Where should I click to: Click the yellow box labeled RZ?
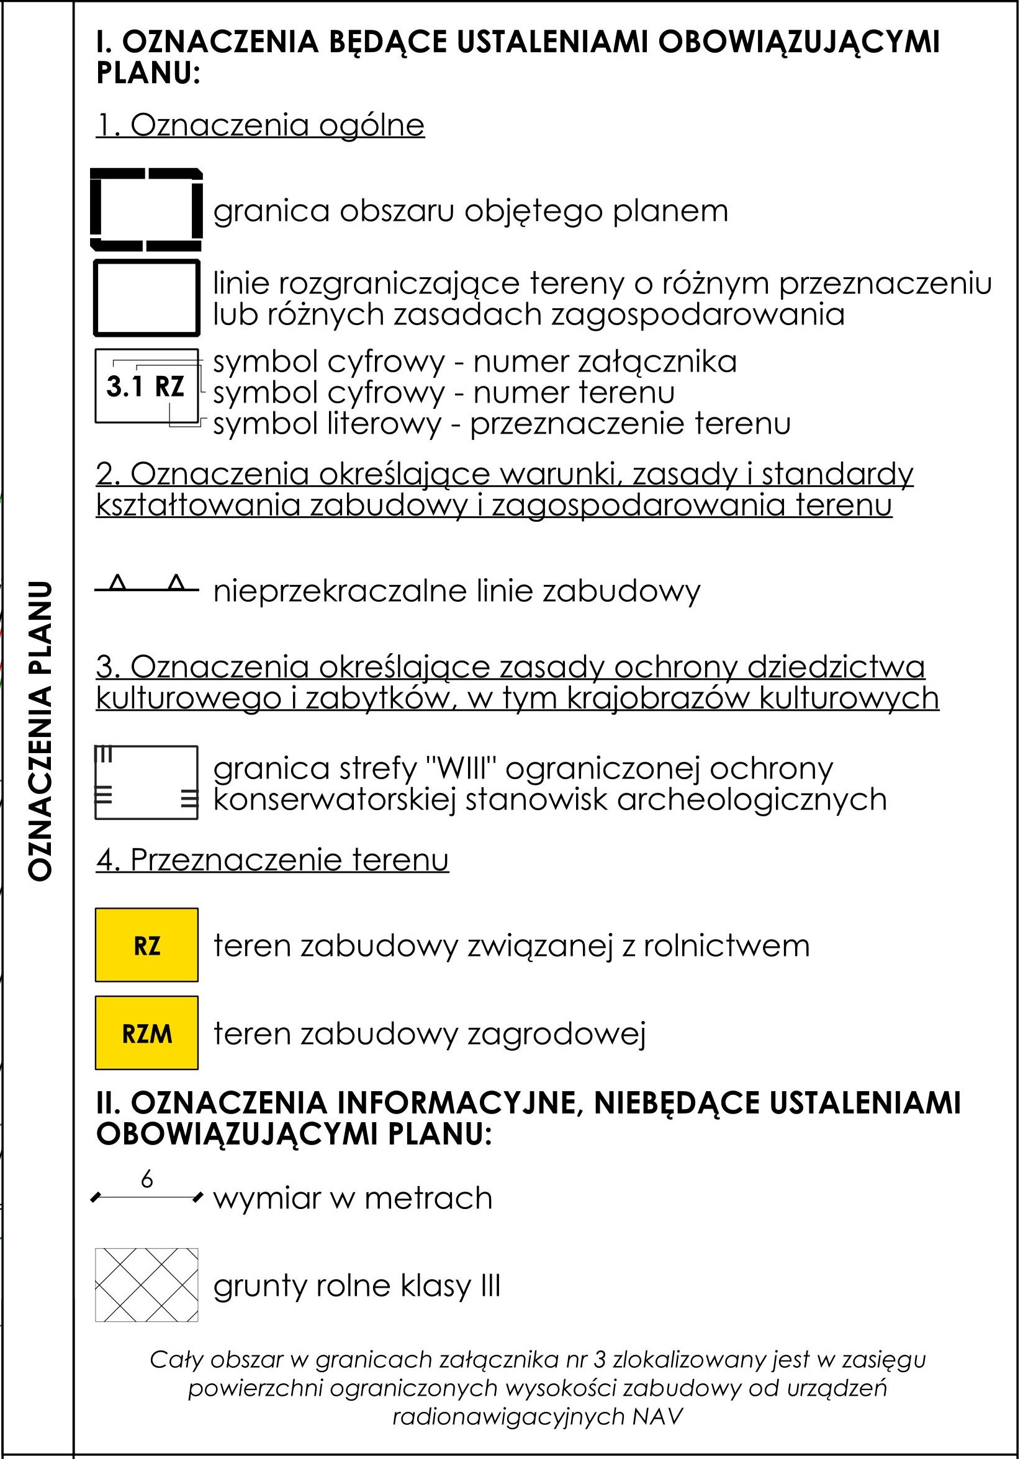click(146, 945)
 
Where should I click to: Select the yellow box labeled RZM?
click(146, 1034)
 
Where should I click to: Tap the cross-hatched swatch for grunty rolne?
click(146, 1285)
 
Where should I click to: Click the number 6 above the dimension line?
click(147, 1180)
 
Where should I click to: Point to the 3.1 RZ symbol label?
click(146, 386)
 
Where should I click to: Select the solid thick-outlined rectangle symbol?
click(146, 297)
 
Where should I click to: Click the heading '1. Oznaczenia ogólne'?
click(260, 125)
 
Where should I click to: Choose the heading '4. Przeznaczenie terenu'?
click(272, 860)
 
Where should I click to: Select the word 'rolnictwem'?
click(726, 946)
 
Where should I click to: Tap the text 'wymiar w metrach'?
click(353, 1198)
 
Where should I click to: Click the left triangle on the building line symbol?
click(117, 582)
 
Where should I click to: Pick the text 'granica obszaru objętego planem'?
click(471, 212)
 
